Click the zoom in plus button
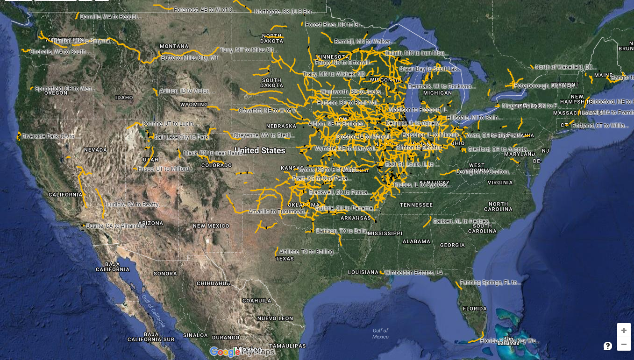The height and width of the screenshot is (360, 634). (624, 330)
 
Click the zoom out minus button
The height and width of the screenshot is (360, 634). (624, 345)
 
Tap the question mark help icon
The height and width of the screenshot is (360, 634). (608, 346)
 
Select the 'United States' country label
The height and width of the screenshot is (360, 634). (260, 150)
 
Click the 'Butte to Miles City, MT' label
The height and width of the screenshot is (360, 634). (190, 58)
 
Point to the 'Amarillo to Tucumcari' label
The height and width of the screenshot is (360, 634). (278, 212)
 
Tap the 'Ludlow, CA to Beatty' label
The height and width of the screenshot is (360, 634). (135, 205)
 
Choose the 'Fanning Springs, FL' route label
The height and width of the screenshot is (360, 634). (490, 282)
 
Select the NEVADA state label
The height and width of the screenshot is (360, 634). (96, 150)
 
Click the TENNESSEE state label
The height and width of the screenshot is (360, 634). (416, 205)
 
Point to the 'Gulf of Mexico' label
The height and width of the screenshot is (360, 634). (380, 333)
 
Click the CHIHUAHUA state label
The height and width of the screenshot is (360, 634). (214, 283)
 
